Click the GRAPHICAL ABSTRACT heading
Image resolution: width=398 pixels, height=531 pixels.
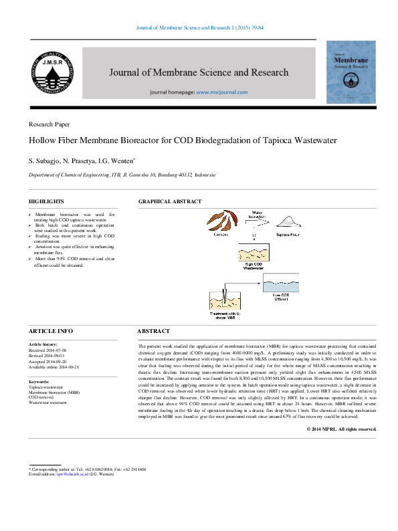(x=169, y=201)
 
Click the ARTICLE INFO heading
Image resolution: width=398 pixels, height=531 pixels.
(x=50, y=332)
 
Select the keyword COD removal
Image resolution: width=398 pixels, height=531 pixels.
(x=41, y=397)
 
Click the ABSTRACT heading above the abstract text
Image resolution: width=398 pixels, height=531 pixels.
(x=154, y=332)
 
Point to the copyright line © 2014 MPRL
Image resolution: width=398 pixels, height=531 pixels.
(x=341, y=428)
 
